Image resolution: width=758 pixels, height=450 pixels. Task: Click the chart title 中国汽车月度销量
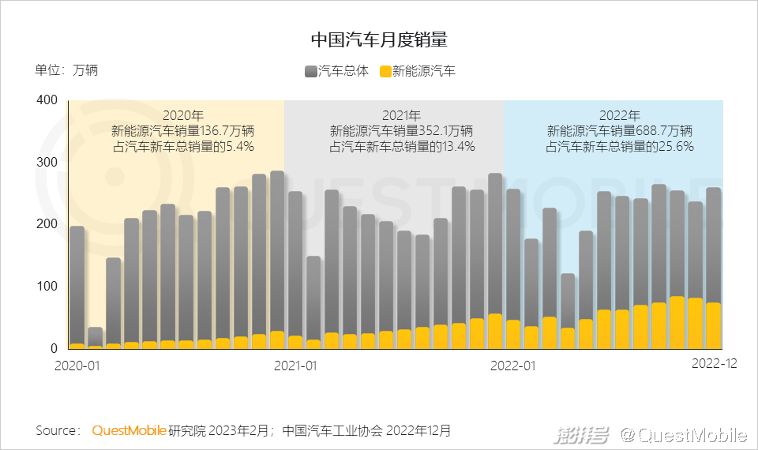pyautogui.click(x=379, y=39)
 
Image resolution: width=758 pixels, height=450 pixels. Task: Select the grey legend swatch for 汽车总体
pyautogui.click(x=310, y=72)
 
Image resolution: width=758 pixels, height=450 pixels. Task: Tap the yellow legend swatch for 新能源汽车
pyautogui.click(x=386, y=72)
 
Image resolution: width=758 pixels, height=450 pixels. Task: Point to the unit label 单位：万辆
pyautogui.click(x=66, y=70)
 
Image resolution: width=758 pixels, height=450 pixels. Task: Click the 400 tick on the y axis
pyautogui.click(x=47, y=100)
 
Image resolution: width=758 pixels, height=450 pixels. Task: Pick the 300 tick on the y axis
pyautogui.click(x=47, y=163)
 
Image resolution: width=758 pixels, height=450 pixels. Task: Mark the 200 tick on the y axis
pyautogui.click(x=47, y=224)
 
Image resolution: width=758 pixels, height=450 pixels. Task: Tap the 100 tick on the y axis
pyautogui.click(x=47, y=286)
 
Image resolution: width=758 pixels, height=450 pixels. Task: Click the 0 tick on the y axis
pyautogui.click(x=54, y=348)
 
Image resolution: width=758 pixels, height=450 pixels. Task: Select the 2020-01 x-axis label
pyautogui.click(x=77, y=366)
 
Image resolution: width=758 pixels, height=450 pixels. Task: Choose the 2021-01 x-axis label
pyautogui.click(x=295, y=366)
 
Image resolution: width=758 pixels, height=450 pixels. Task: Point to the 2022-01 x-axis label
pyautogui.click(x=513, y=366)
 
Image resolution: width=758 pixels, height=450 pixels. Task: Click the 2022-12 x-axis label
pyautogui.click(x=714, y=364)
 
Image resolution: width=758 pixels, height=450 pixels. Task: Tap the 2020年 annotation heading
pyautogui.click(x=182, y=115)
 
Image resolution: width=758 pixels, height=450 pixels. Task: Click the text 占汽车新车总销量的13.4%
pyautogui.click(x=401, y=146)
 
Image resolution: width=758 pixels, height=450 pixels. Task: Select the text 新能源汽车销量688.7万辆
pyautogui.click(x=620, y=131)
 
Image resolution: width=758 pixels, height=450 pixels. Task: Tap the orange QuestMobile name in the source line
pyautogui.click(x=129, y=431)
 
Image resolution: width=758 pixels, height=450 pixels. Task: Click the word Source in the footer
pyautogui.click(x=57, y=431)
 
